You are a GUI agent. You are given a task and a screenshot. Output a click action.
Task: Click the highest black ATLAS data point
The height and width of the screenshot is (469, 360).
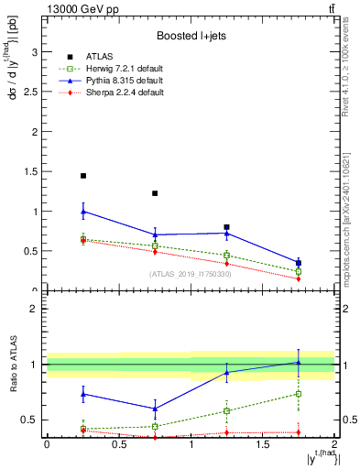[x=83, y=176]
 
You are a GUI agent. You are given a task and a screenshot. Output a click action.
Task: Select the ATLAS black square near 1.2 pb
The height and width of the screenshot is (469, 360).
[x=155, y=193]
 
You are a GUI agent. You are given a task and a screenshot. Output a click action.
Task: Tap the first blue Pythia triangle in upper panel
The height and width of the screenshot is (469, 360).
[x=83, y=212]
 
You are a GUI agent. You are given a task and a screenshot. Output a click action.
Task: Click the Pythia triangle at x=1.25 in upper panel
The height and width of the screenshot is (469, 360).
[x=226, y=233]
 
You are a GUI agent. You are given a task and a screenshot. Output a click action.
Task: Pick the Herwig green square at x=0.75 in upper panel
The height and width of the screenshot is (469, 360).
[x=155, y=245]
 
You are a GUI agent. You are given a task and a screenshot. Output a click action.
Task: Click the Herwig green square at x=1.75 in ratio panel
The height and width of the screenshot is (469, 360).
[x=299, y=394]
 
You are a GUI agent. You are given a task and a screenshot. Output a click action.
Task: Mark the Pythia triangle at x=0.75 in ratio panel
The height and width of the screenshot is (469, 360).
[x=155, y=409]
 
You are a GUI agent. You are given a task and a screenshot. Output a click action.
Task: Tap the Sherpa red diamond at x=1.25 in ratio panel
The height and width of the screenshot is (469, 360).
[x=226, y=432]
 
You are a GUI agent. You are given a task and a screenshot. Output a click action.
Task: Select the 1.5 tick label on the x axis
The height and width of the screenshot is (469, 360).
[x=262, y=444]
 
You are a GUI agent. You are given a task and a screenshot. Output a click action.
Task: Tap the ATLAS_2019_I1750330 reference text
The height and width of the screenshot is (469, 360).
[x=190, y=274]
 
